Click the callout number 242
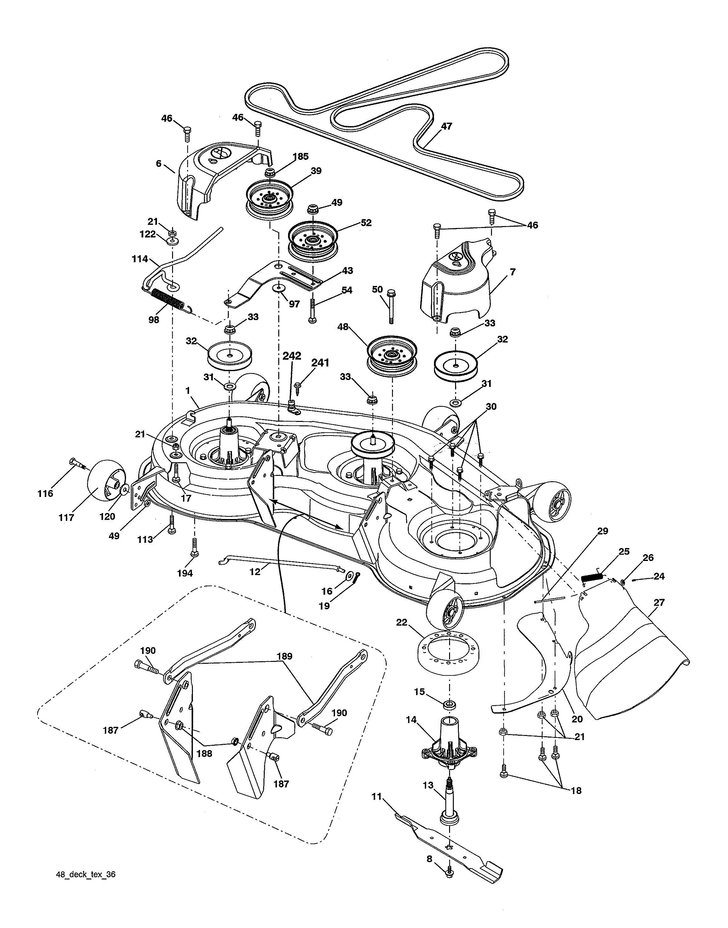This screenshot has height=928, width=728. tap(292, 356)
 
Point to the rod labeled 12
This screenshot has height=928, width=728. tap(281, 564)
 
